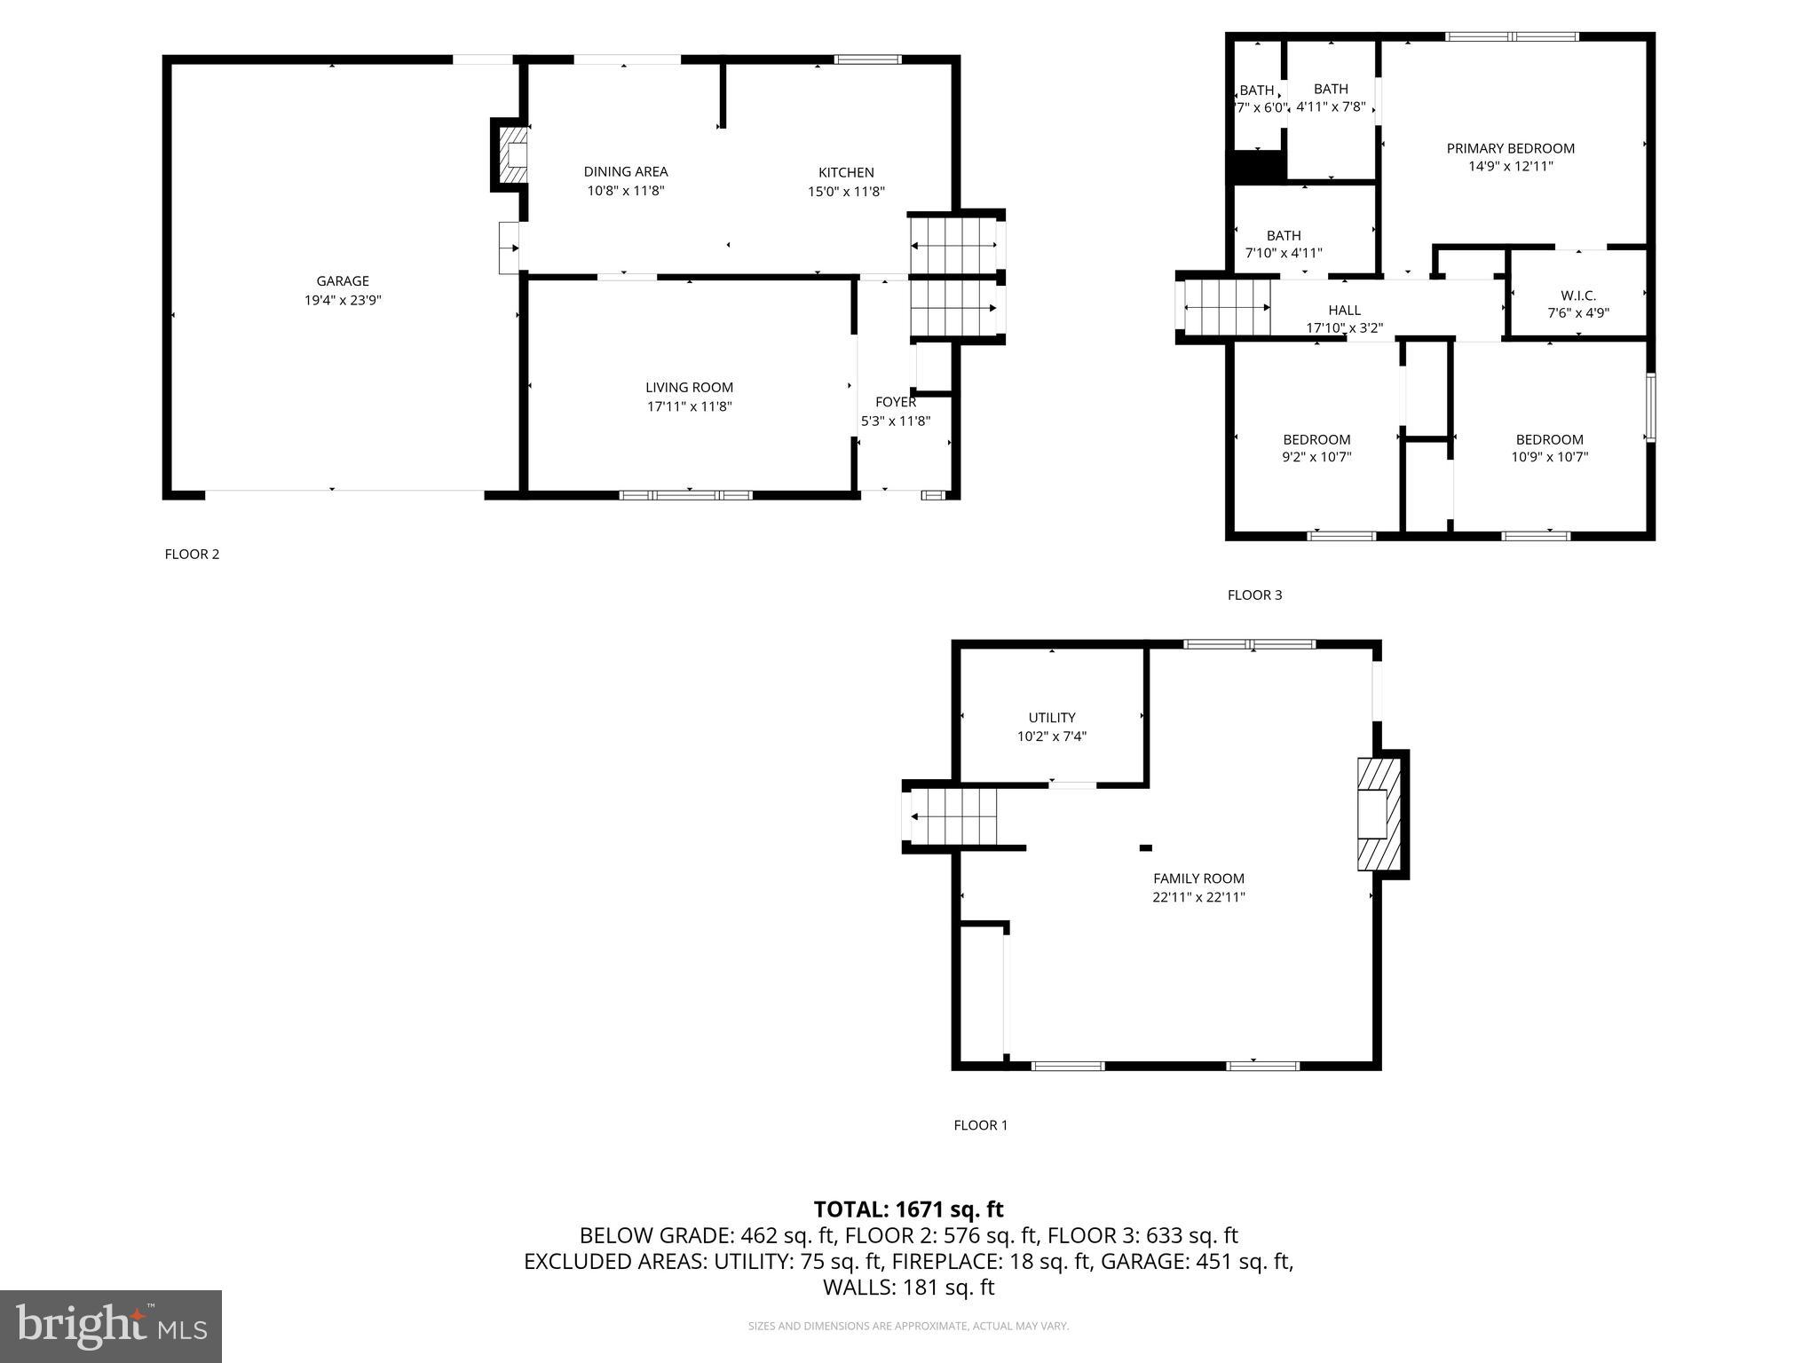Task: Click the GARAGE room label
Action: tap(343, 281)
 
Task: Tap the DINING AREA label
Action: tap(625, 172)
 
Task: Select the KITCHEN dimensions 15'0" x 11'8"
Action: tap(845, 192)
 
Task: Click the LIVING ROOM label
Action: tap(689, 388)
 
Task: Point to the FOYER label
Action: tap(895, 402)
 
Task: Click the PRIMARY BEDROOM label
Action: tap(1510, 149)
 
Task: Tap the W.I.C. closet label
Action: tap(1577, 295)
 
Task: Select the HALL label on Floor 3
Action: tap(1344, 311)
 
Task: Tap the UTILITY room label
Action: tap(1052, 718)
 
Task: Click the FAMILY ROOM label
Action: tap(1198, 878)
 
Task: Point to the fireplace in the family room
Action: tap(1378, 814)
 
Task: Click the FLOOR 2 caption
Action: tap(192, 555)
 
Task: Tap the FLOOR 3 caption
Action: tap(1254, 595)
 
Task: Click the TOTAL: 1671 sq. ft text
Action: tap(908, 1209)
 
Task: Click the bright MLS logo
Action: tap(111, 1326)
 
